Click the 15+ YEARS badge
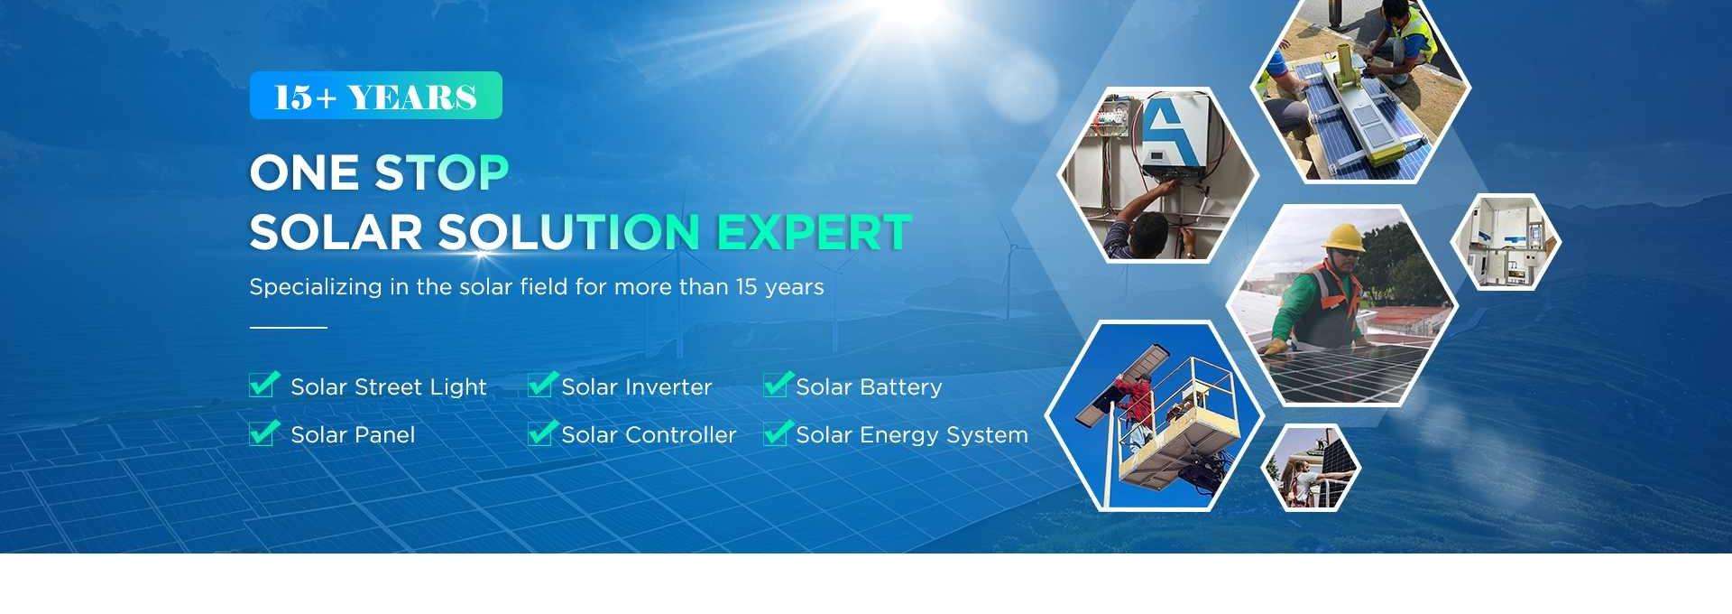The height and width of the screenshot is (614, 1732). click(375, 96)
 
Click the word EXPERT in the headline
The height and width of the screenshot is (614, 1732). click(814, 232)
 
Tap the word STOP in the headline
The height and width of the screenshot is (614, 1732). click(442, 172)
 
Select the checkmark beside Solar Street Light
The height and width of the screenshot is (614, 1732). click(264, 385)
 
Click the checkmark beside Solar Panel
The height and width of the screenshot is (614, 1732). click(264, 433)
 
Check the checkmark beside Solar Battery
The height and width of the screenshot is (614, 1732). click(778, 385)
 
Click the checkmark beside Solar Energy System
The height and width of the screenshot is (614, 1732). click(778, 433)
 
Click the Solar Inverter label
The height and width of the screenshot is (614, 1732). click(637, 387)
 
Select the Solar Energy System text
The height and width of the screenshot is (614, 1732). click(912, 435)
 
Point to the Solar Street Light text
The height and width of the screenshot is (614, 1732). click(389, 387)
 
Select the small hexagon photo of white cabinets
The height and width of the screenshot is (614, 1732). click(1506, 242)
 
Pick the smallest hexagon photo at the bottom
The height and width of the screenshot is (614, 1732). click(1310, 467)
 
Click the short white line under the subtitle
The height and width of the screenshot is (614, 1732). click(288, 328)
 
